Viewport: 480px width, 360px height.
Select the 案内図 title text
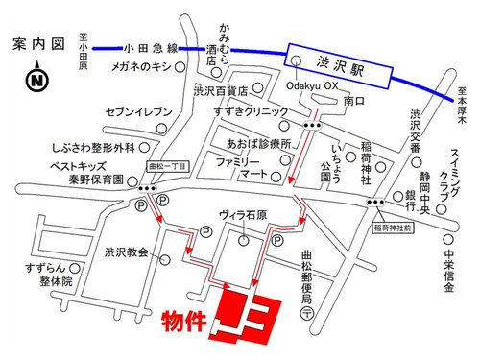coord(37,44)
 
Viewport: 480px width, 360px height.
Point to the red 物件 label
coord(182,319)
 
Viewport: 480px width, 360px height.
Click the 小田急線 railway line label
coord(153,47)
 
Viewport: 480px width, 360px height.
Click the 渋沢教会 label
coord(126,252)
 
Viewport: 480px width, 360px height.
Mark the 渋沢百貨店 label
coord(220,92)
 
